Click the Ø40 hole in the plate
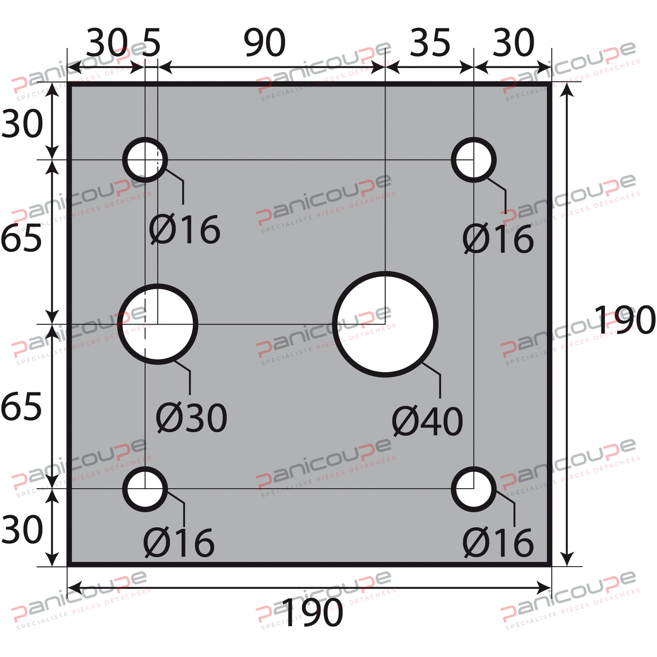pyautogui.click(x=385, y=324)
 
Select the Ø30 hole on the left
pyautogui.click(x=158, y=324)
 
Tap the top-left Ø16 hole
pyautogui.click(x=145, y=160)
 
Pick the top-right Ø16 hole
pyautogui.click(x=474, y=160)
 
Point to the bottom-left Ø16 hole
pyautogui.click(x=145, y=489)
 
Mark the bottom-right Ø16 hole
pyautogui.click(x=474, y=489)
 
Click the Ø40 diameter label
pyautogui.click(x=427, y=421)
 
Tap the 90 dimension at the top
pyautogui.click(x=264, y=43)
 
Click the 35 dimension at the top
pyautogui.click(x=430, y=43)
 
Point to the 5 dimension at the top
pyautogui.click(x=151, y=43)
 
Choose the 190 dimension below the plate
pyautogui.click(x=312, y=613)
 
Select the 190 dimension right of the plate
pyautogui.click(x=624, y=320)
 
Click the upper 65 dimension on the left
pyautogui.click(x=21, y=238)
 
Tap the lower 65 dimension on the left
pyautogui.click(x=21, y=406)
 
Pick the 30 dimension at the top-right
pyautogui.click(x=513, y=43)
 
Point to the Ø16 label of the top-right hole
pyautogui.click(x=498, y=239)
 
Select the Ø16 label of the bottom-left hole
pyautogui.click(x=179, y=543)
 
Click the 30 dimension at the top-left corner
pyautogui.click(x=107, y=43)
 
